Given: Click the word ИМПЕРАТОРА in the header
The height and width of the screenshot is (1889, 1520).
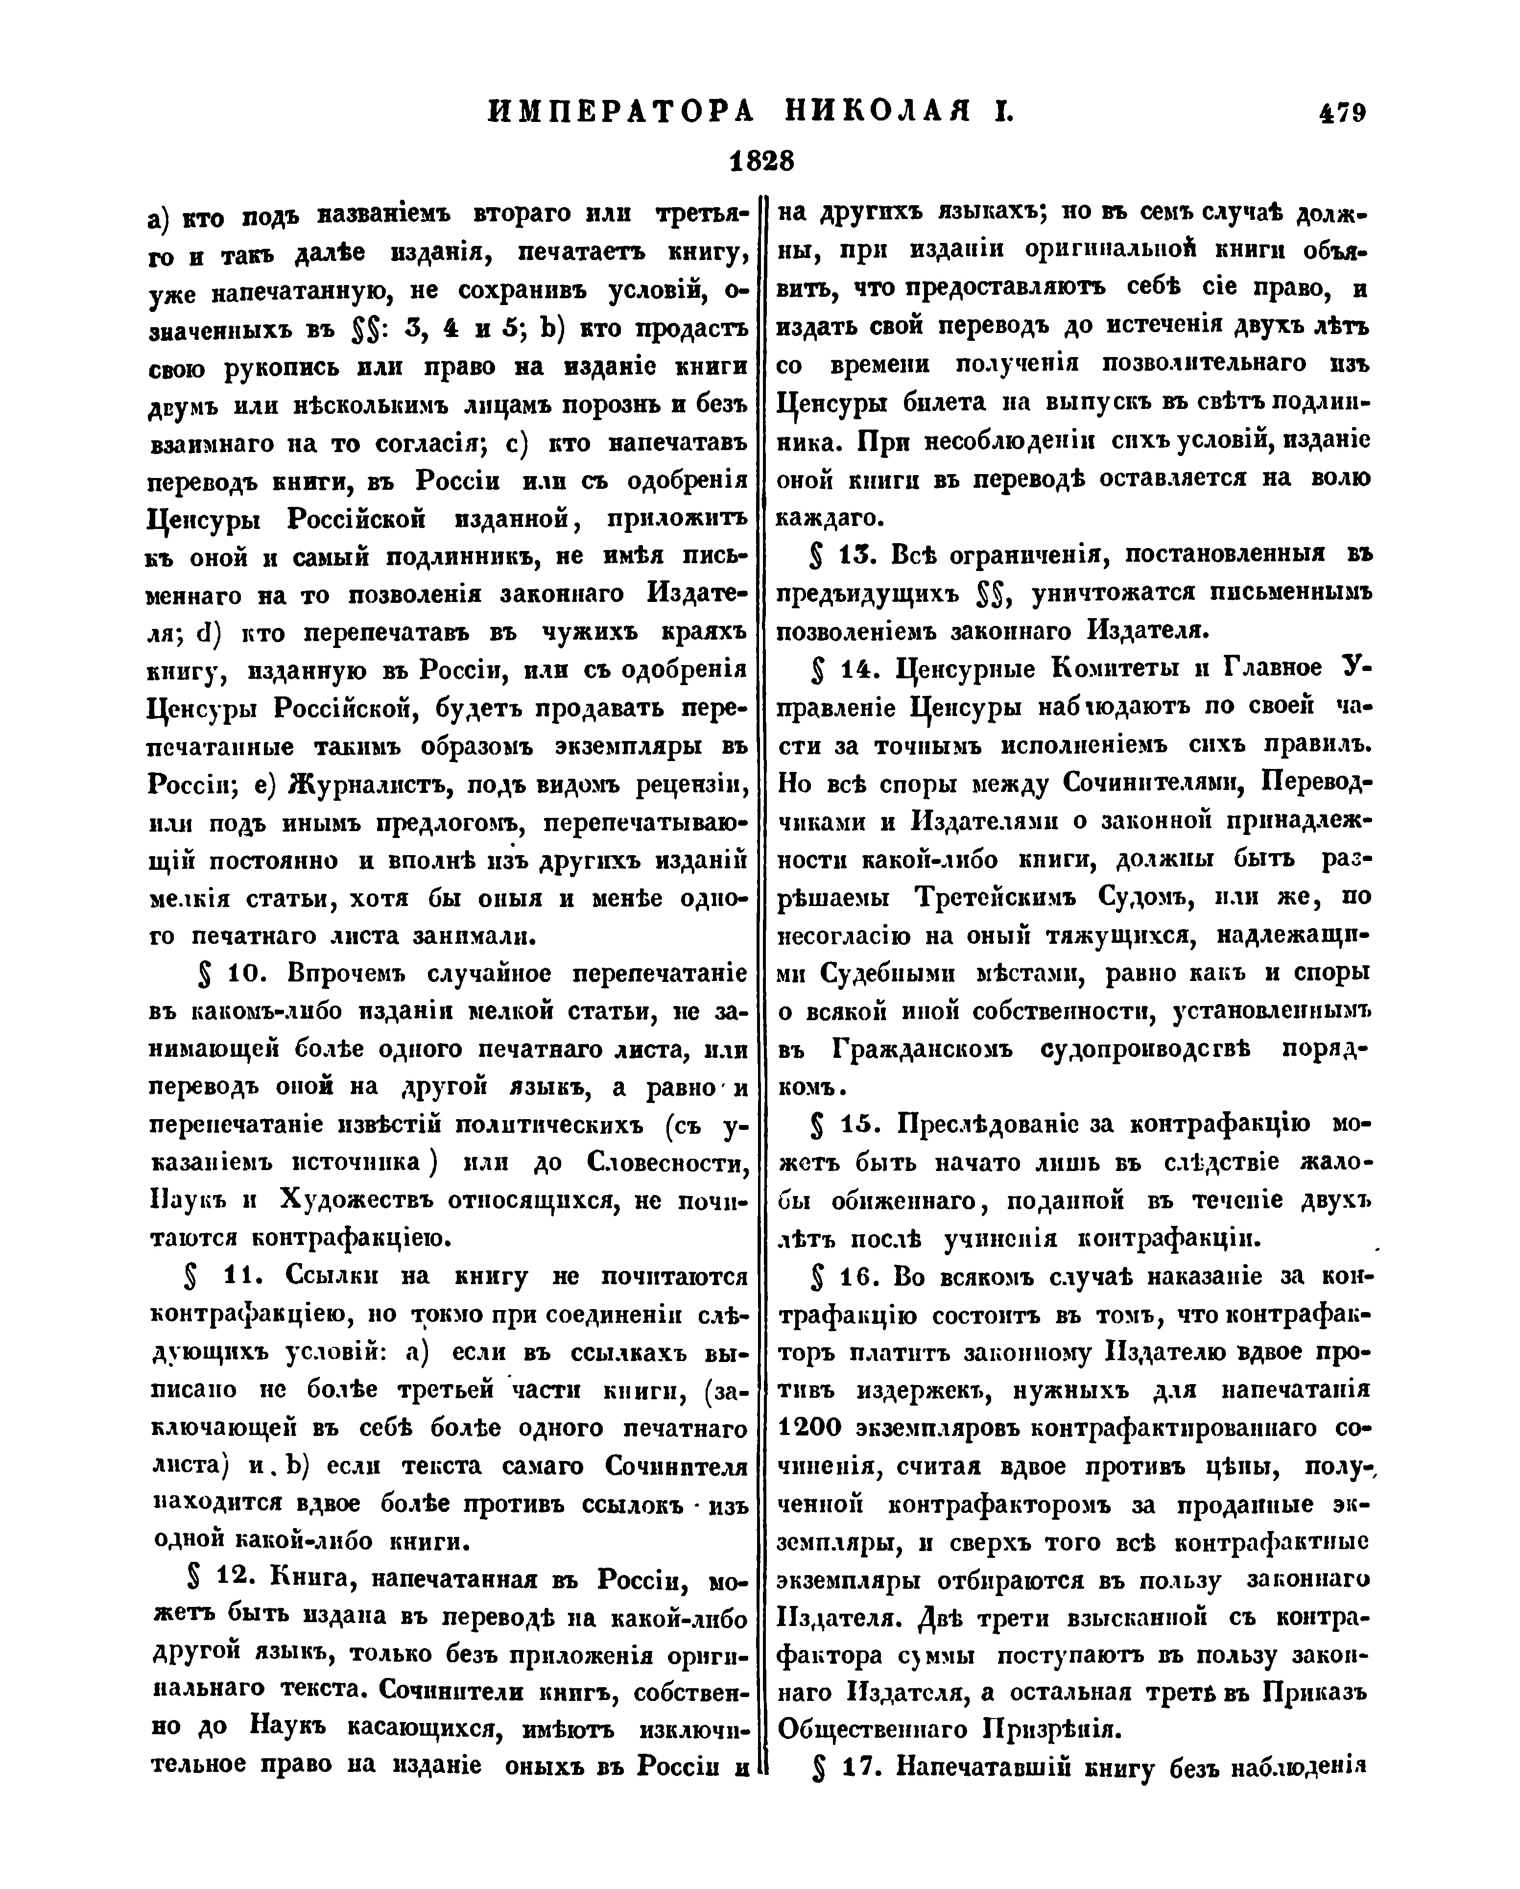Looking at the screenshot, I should tap(620, 112).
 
